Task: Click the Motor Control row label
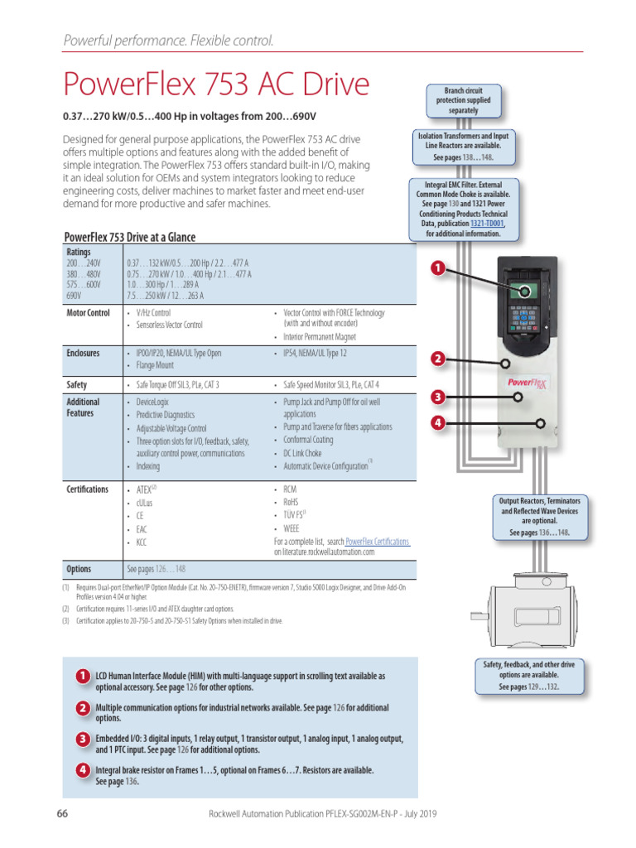coord(88,313)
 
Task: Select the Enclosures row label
coord(83,353)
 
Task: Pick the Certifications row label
coord(87,489)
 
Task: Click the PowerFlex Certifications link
coord(377,541)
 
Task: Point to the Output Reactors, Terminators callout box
coord(539,518)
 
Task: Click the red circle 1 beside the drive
coord(438,268)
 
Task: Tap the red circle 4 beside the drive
coord(438,424)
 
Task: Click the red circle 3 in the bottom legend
coord(83,739)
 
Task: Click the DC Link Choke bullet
coord(302,453)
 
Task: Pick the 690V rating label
coord(75,295)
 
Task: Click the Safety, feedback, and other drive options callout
coord(529,676)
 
